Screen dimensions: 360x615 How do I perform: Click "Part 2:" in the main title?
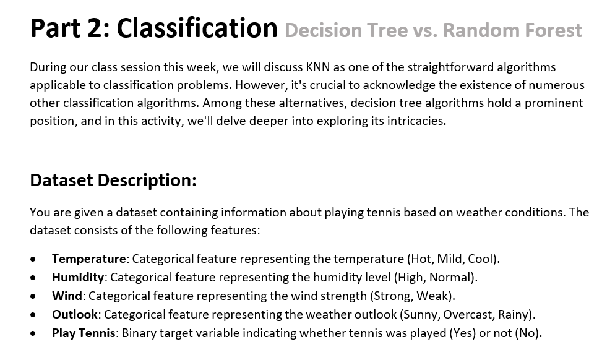(x=70, y=28)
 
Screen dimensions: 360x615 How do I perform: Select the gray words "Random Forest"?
(x=512, y=30)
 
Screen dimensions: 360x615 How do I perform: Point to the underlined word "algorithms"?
(x=526, y=67)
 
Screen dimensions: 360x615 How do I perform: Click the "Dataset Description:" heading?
(x=113, y=180)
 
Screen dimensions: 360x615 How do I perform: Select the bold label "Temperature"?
(x=89, y=259)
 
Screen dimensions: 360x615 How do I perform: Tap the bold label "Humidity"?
(x=78, y=277)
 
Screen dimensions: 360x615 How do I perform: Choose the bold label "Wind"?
(x=67, y=296)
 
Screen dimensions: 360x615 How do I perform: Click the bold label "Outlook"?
(x=75, y=314)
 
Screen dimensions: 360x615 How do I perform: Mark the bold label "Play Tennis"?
(x=84, y=333)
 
